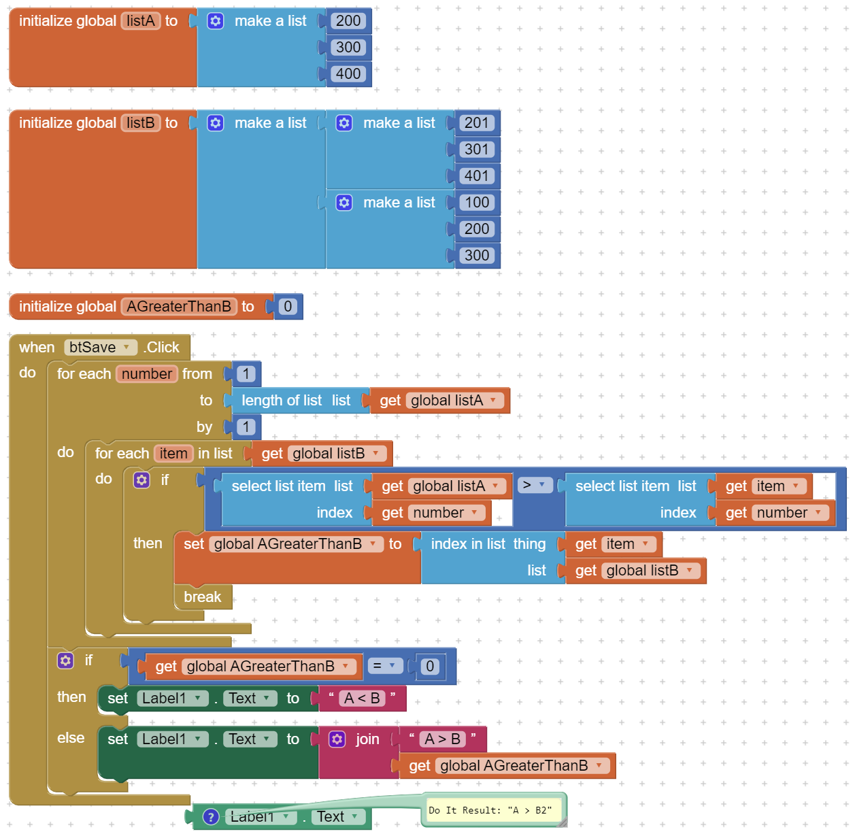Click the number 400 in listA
click(348, 73)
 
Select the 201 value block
click(476, 123)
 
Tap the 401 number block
click(476, 175)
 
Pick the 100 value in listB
click(476, 203)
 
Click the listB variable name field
click(140, 123)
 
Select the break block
click(202, 597)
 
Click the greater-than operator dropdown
click(534, 485)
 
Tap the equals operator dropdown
click(384, 665)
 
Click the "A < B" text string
click(362, 698)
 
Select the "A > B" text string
click(442, 739)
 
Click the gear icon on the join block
click(337, 739)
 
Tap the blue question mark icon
click(211, 816)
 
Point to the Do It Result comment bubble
click(493, 809)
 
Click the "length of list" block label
click(282, 401)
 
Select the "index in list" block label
click(468, 543)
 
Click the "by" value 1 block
click(246, 427)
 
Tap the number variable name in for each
click(146, 373)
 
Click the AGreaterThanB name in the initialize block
click(179, 306)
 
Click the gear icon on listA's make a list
click(215, 21)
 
